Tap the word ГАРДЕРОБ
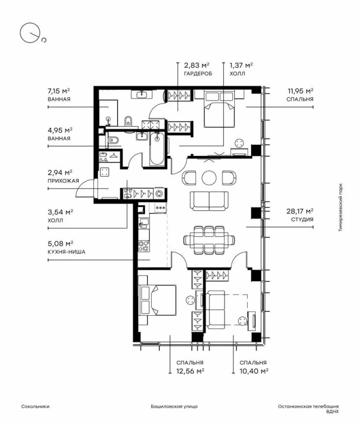194,73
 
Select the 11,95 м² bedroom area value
300,91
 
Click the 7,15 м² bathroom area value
59,91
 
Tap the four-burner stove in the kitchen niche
144,246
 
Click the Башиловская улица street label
174,406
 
